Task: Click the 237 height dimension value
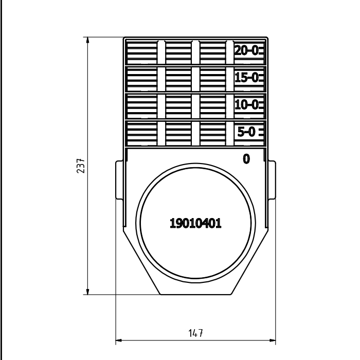pos(81,166)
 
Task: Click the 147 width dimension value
pos(195,333)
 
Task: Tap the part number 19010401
pos(195,223)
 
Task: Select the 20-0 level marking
pos(246,50)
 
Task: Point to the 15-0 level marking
pos(246,77)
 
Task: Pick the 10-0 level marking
pos(246,105)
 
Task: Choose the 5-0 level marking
pos(246,132)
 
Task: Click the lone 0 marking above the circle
pos(246,159)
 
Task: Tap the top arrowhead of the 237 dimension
pos(87,40)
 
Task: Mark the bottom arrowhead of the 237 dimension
pos(87,292)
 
